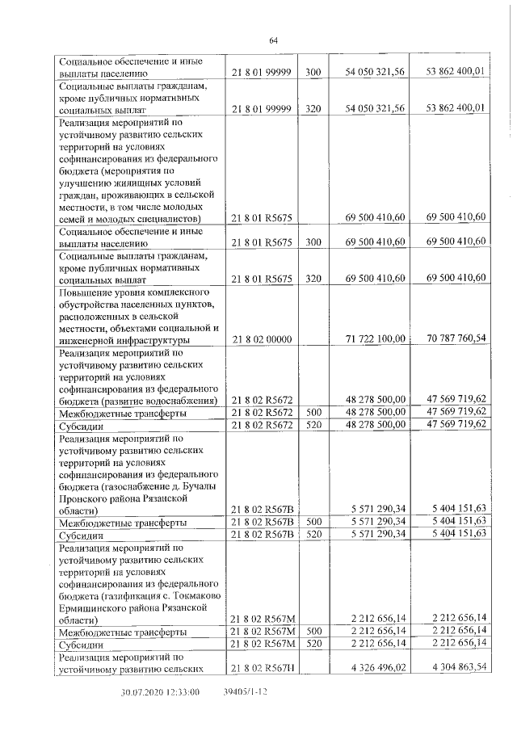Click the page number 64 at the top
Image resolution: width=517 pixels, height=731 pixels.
(273, 41)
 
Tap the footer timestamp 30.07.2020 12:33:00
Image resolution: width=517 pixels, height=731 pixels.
(159, 692)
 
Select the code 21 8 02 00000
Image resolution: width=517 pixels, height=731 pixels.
(261, 340)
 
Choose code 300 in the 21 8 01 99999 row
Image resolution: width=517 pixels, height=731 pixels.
(314, 73)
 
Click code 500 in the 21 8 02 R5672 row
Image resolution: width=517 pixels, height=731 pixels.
(314, 413)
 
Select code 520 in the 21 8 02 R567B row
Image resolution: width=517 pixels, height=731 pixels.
(314, 535)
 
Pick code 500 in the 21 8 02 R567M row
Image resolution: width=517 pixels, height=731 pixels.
(314, 631)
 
